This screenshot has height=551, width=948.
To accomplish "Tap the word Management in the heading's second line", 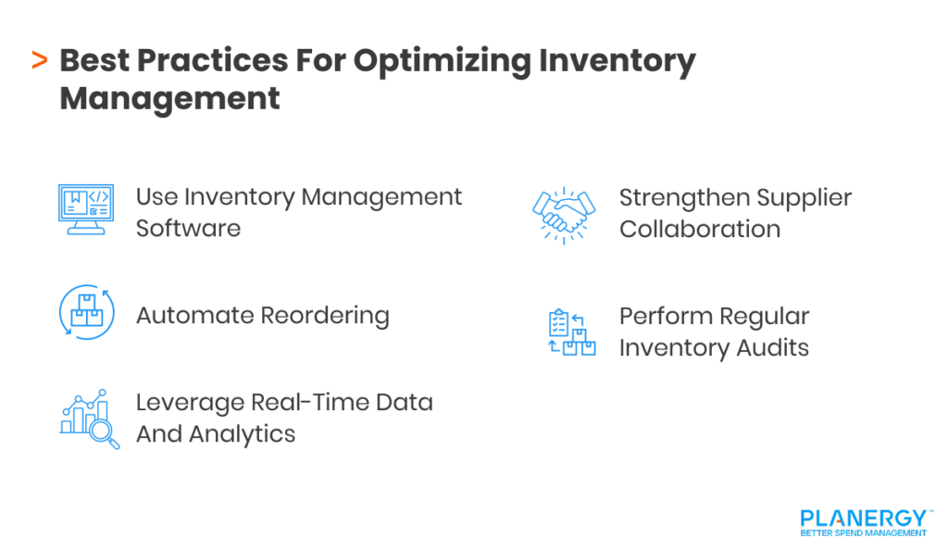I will pos(169,98).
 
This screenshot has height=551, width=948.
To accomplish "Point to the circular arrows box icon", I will pos(86,312).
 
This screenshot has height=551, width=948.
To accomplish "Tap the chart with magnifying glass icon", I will pos(90,420).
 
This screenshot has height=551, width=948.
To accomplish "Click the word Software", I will pos(188,229).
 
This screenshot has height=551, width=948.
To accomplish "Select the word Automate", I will pos(193,316).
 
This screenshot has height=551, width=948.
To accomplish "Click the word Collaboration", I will pos(699,230).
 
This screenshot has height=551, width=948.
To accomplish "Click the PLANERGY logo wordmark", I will pos(862,518).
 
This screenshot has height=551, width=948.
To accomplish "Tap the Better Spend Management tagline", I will pos(863,533).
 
